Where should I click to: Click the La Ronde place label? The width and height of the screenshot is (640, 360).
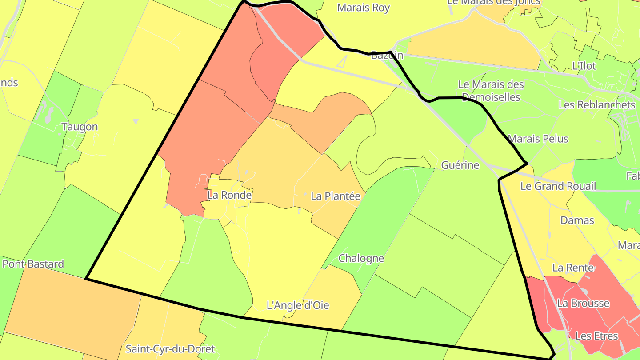229,195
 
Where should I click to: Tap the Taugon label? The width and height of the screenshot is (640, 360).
80,127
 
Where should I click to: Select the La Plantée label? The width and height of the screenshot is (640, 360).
335,196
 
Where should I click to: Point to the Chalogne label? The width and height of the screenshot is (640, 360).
361,258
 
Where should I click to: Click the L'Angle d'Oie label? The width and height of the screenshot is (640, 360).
297,306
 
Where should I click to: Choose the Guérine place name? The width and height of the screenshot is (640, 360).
460,165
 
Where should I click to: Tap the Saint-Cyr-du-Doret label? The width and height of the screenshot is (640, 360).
170,349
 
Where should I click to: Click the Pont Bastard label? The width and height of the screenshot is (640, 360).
33,264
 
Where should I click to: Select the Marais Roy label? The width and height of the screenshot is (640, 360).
363,8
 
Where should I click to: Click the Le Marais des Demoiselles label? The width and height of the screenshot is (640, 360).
491,90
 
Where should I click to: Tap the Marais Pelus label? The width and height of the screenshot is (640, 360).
538,139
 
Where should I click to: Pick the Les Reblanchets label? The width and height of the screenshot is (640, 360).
597,105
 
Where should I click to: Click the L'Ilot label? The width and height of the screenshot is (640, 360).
584,66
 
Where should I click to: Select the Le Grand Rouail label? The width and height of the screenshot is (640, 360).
558,186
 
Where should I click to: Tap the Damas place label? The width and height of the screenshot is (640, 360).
577,220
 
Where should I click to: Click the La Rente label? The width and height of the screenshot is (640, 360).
573,268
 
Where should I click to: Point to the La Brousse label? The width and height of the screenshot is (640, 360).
583,304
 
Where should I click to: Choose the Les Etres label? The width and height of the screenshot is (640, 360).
596,336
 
